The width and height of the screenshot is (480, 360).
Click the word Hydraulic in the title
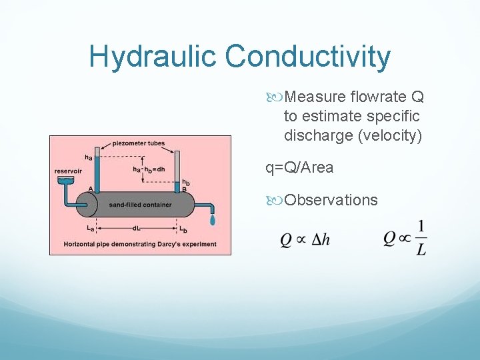[x=153, y=57]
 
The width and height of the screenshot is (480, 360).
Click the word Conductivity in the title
[x=308, y=57]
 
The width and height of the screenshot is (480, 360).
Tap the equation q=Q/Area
[x=299, y=167]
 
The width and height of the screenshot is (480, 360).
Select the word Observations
[x=331, y=200]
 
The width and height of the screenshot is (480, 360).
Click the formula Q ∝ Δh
[x=305, y=239]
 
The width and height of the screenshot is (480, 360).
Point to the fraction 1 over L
[x=421, y=238]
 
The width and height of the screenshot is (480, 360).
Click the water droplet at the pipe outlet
[x=213, y=219]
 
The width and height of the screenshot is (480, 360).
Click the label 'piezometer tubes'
[x=138, y=143]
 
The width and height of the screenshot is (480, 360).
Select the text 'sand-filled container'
[x=140, y=205]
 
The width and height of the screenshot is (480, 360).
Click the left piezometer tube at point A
[x=97, y=173]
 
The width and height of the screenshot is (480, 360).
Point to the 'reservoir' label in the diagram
[x=68, y=171]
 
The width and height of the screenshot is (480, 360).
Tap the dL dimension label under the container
[x=136, y=228]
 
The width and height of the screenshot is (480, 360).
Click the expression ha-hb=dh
[x=149, y=169]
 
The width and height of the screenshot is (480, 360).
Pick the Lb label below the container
[x=182, y=229]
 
